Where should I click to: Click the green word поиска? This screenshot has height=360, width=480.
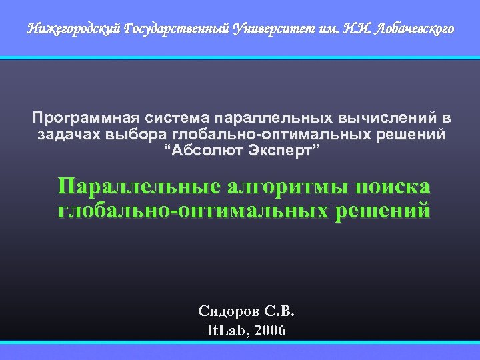[394, 187]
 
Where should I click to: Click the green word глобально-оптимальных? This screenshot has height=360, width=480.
[193, 211]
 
